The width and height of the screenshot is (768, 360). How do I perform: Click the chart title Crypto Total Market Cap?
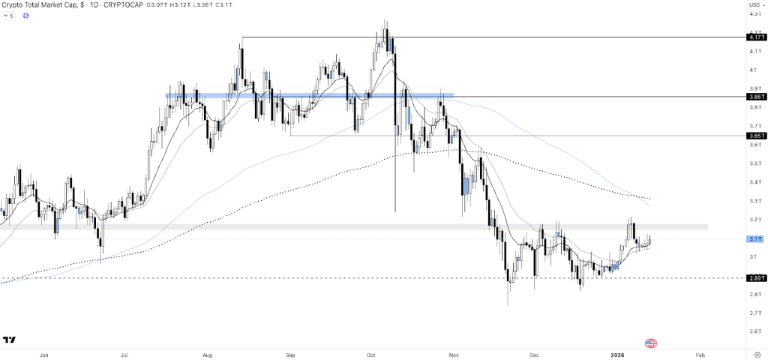(40, 6)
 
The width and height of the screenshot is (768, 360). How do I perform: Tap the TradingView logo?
(10, 340)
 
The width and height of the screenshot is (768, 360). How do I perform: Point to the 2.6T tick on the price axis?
(754, 331)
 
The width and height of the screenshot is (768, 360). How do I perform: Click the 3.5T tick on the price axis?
(754, 163)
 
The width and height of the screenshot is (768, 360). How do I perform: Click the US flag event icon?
(650, 343)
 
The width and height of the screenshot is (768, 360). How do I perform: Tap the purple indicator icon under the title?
(25, 16)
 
